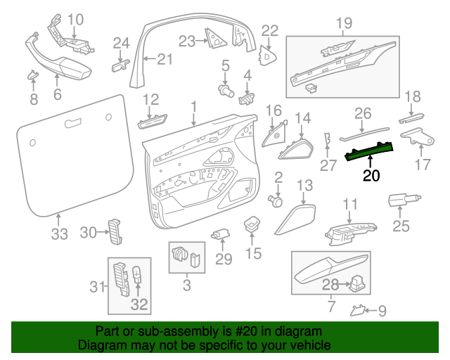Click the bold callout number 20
(371, 176)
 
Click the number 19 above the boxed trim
(343, 25)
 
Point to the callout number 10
(75, 19)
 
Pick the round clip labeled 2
(276, 201)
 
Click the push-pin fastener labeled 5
(225, 89)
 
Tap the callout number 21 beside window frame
(163, 59)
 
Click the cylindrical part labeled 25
(403, 202)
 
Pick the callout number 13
(304, 186)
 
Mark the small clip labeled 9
(358, 309)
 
